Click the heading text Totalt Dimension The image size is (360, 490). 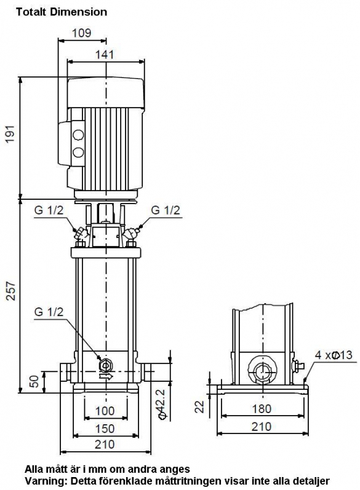click(62, 12)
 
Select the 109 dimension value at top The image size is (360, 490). click(82, 33)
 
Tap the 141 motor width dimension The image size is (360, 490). click(105, 54)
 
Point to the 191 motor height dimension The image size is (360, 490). click(10, 134)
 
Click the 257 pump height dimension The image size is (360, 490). click(10, 291)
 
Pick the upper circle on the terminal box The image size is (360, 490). click(78, 135)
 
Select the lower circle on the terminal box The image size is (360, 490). click(78, 152)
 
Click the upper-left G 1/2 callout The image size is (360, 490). click(49, 210)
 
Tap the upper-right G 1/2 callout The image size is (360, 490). click(166, 210)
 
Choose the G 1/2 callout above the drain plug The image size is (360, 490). click(49, 312)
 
